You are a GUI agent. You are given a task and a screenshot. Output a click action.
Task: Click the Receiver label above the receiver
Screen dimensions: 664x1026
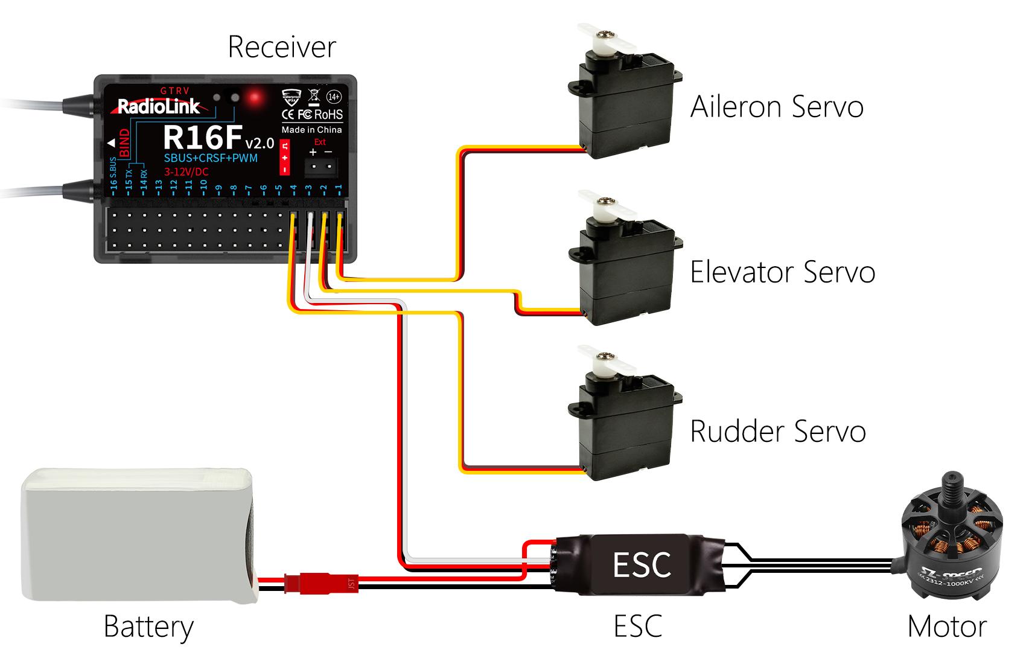tap(281, 47)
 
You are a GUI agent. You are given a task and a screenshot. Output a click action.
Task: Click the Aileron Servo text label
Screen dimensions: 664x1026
tap(776, 107)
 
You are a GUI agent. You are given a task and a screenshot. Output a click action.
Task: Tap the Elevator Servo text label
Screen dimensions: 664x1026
tap(782, 272)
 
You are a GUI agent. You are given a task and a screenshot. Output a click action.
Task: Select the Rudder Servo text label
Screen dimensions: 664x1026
tap(777, 431)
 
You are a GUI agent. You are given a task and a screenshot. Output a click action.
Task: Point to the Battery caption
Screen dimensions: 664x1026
tap(148, 627)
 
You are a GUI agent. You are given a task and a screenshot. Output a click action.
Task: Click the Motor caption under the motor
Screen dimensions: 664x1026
tap(946, 627)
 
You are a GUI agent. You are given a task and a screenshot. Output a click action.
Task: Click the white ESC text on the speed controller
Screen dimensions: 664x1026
tap(642, 565)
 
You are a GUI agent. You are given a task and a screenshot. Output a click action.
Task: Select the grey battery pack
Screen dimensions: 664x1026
tap(138, 535)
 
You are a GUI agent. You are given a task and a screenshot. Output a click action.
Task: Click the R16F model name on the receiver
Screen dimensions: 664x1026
tap(202, 137)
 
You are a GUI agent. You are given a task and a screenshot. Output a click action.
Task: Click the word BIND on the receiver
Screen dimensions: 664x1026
tap(125, 143)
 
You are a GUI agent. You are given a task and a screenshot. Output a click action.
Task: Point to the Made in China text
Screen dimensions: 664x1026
tap(311, 130)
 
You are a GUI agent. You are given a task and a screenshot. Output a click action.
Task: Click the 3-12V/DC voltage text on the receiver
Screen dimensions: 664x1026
tap(186, 172)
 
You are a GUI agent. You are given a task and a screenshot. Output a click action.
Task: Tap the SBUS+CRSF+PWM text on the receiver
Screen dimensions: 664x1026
tap(211, 158)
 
